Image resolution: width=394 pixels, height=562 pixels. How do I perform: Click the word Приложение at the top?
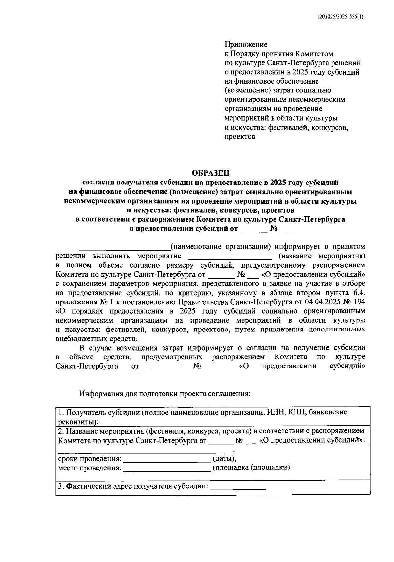coord(246,44)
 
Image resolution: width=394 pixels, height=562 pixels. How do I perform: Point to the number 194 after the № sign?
coord(359,302)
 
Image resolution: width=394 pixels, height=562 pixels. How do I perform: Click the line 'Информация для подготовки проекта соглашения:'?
coord(165,393)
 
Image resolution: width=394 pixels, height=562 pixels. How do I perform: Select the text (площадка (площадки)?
coord(251,468)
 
